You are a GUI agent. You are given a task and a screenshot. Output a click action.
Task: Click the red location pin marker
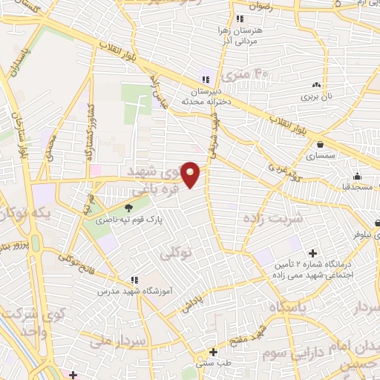[x=191, y=175]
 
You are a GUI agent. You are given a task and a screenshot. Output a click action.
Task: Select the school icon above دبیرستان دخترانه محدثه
[x=205, y=80]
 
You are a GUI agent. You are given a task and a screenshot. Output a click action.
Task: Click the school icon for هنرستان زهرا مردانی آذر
[x=238, y=19]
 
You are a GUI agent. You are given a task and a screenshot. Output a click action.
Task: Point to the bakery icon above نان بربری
[x=317, y=85]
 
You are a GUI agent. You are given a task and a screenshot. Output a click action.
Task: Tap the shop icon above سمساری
[x=320, y=145]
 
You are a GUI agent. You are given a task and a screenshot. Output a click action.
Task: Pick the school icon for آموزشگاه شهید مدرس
[x=134, y=280]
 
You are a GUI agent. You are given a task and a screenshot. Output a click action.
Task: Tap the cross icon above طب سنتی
[x=213, y=352]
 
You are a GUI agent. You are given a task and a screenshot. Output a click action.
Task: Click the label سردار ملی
[x=119, y=342]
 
